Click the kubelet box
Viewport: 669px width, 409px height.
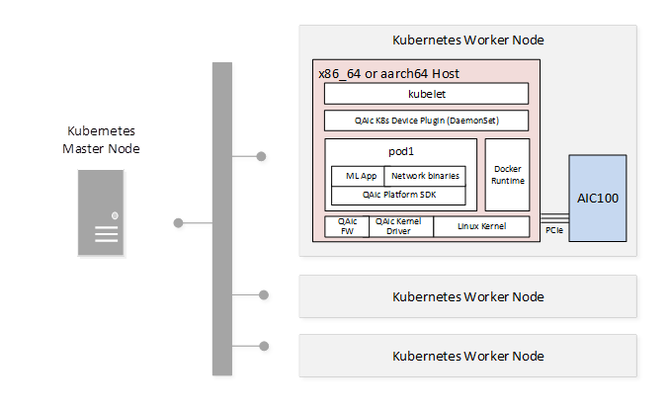coord(427,94)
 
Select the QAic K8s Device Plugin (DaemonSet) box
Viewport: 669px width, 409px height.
coord(427,121)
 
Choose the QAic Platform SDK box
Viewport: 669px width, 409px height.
coord(398,195)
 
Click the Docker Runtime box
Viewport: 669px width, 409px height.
coord(507,175)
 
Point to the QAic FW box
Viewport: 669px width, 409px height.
coord(347,226)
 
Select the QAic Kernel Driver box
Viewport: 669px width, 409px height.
coord(400,226)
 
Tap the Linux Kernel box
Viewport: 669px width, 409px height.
coord(482,226)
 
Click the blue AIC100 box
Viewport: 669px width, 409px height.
coord(597,198)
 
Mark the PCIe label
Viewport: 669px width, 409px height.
coord(554,229)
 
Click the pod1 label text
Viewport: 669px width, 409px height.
coord(400,152)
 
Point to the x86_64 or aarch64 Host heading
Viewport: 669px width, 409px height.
coord(388,74)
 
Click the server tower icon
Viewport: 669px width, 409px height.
coord(102,213)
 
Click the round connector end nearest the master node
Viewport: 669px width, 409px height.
coord(180,224)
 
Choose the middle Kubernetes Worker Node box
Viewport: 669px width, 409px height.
coord(467,296)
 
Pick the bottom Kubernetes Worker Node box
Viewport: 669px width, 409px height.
coord(467,356)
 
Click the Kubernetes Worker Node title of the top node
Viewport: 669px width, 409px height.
coord(467,41)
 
